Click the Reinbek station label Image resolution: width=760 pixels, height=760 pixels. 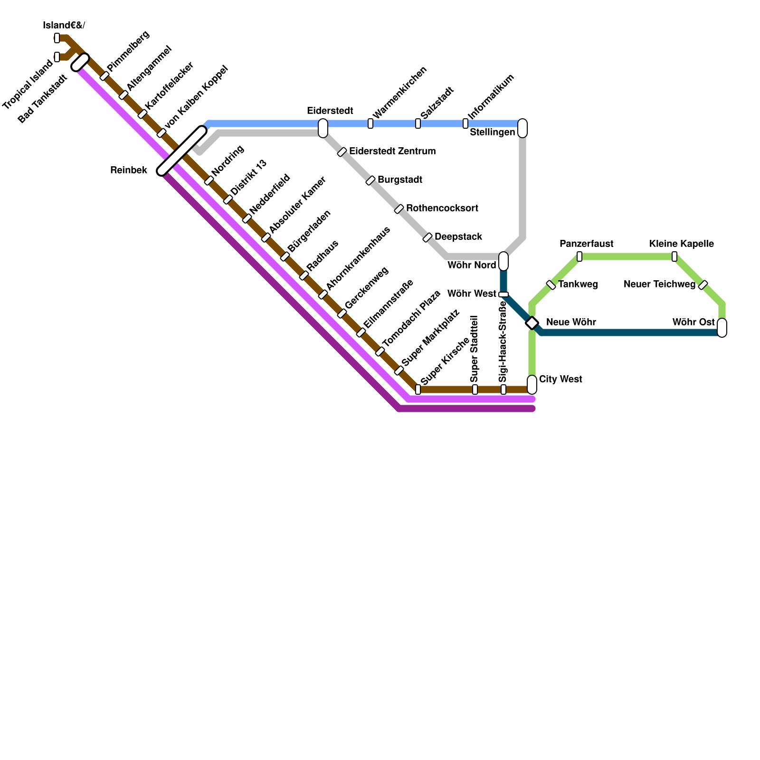point(128,170)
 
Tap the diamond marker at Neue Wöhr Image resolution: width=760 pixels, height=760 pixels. point(532,323)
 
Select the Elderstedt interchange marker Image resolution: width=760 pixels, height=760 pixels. point(323,128)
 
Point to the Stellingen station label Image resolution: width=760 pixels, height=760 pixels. point(492,133)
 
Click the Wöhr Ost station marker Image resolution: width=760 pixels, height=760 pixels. point(722,328)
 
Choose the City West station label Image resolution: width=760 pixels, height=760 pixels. point(560,379)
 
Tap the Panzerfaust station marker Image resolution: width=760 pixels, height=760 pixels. point(579,256)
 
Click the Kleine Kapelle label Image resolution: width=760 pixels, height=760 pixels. point(681,244)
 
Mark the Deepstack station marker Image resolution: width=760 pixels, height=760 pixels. point(427,237)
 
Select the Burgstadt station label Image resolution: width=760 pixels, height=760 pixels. point(400,180)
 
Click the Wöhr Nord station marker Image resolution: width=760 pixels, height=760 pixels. point(503,261)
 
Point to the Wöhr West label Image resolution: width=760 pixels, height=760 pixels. point(472,294)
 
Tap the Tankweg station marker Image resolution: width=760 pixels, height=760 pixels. point(551,285)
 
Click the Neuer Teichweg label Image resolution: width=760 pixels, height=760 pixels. point(659,285)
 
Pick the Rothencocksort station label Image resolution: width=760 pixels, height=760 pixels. point(442,209)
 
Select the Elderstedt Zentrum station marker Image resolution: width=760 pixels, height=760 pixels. point(342,152)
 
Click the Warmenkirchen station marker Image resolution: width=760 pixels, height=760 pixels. point(370,123)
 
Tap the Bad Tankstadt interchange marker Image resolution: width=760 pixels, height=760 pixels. point(80,62)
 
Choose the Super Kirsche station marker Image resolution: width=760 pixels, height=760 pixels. point(418,389)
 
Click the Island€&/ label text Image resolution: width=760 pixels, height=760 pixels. point(64,26)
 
